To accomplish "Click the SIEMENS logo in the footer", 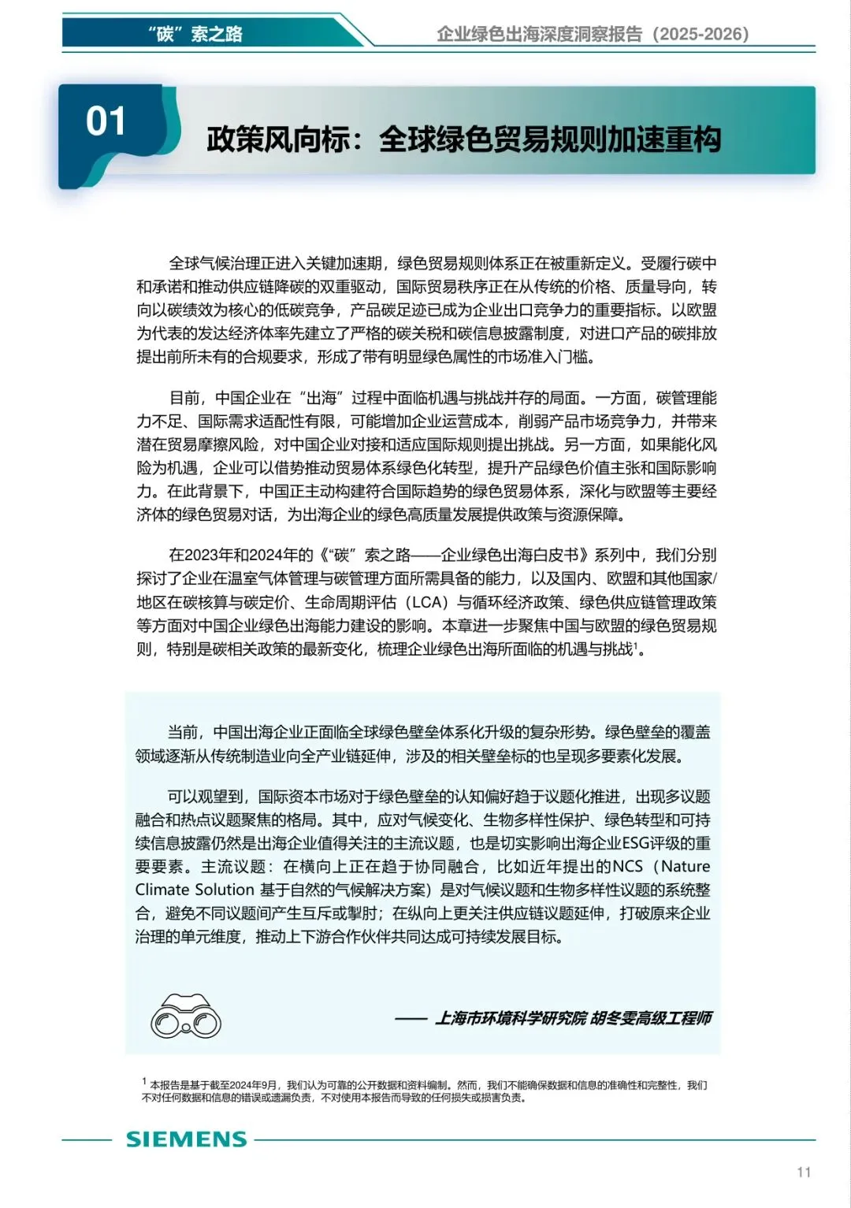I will click(186, 1139).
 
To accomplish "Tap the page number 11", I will click(804, 1172).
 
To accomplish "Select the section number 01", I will click(106, 122).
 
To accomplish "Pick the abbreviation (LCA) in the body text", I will click(427, 603).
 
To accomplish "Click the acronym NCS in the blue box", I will click(628, 867).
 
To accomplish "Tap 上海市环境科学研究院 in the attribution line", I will click(511, 1018).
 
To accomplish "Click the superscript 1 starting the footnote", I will click(144, 1082).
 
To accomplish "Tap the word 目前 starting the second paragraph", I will click(186, 398).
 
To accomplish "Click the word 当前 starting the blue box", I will click(184, 732).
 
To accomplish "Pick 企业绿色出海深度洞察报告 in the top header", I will click(540, 34).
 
